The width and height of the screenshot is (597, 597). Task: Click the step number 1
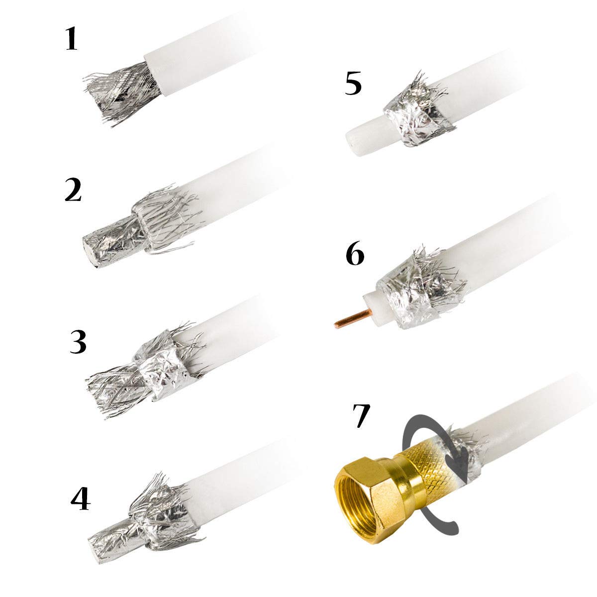tap(72, 40)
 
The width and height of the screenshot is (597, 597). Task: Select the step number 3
tap(78, 343)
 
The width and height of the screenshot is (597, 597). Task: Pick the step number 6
tap(354, 254)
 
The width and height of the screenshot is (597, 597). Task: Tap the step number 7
tap(361, 416)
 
